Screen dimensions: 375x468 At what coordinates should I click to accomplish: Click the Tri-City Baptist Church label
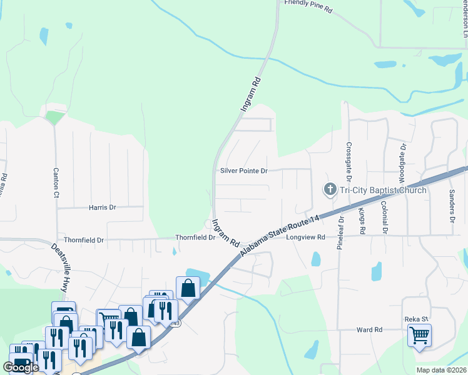pos(383,190)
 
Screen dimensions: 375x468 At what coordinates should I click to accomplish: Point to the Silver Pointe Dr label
pos(243,171)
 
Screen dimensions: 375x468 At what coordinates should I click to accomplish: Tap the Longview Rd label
pos(306,237)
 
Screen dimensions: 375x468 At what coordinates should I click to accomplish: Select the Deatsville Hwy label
pos(59,267)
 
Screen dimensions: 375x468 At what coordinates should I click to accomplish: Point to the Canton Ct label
pos(56,182)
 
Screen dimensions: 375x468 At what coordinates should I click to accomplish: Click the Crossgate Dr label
pos(348,159)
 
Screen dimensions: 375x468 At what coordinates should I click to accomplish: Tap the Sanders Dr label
pos(451,207)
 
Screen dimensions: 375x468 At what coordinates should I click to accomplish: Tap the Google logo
pos(21,367)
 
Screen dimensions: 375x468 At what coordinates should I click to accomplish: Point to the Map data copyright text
pos(442,370)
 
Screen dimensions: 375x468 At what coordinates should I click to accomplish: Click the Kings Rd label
pos(362,222)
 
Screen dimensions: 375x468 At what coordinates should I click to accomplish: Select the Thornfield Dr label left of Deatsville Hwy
pos(83,239)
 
